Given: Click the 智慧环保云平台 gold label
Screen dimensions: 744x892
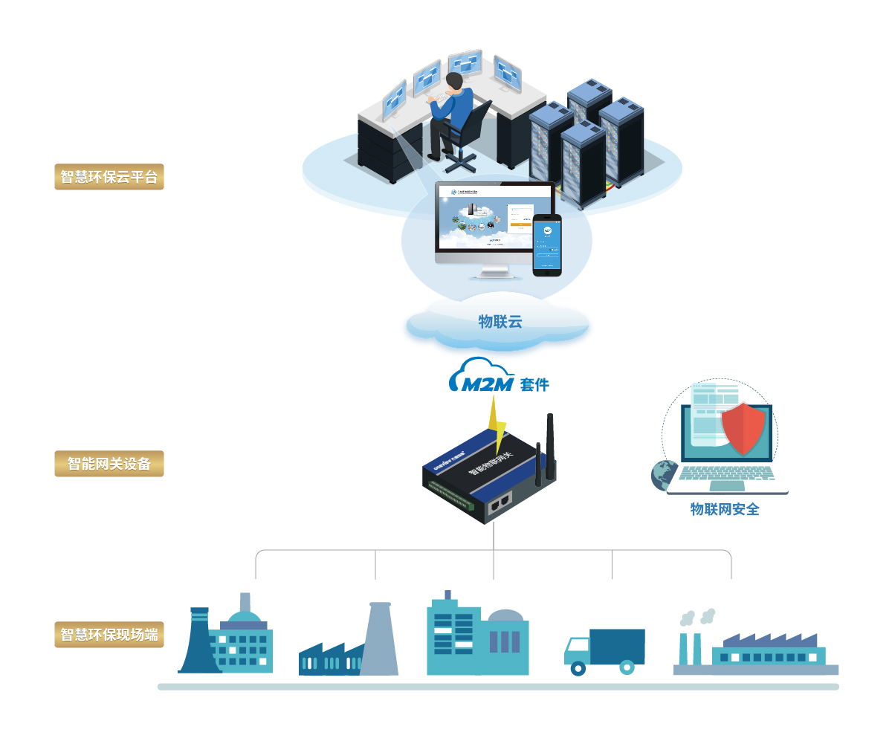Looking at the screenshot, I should [x=109, y=177].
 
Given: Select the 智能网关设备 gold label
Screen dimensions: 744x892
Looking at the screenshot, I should [x=109, y=464].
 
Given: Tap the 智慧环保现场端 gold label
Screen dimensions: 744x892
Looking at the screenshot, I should [x=109, y=635].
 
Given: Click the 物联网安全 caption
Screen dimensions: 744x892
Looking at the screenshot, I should [x=724, y=509].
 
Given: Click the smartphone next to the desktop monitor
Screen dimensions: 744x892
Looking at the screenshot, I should [x=547, y=245].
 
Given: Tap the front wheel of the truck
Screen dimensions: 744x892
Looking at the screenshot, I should [x=578, y=668].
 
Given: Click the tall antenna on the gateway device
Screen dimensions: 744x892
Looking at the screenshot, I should [x=551, y=446].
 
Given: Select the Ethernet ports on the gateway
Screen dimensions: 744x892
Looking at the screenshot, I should [x=500, y=503].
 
